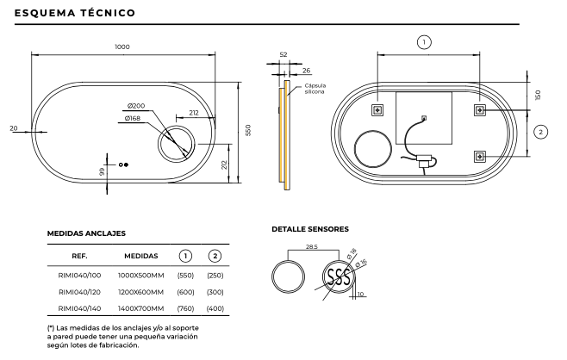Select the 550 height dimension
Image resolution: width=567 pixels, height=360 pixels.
[248, 129]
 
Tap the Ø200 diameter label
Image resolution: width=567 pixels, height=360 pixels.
[134, 105]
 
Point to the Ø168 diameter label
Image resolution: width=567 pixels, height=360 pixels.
[133, 118]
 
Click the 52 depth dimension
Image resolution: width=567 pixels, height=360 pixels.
[283, 55]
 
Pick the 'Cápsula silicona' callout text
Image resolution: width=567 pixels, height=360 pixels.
[315, 89]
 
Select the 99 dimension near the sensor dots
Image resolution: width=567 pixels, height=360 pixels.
[102, 172]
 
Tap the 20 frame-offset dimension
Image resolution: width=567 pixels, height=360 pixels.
[13, 127]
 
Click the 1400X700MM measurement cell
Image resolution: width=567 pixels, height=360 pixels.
[140, 307]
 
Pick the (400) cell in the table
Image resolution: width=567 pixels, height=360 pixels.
[214, 307]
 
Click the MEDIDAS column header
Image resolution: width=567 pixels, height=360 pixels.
[140, 255]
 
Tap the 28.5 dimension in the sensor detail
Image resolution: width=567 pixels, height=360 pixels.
[312, 248]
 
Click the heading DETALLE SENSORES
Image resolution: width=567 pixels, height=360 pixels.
[309, 229]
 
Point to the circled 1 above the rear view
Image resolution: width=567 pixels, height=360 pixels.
[424, 41]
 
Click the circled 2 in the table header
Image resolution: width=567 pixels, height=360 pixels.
[214, 255]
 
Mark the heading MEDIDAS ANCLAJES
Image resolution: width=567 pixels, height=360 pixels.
[86, 233]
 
